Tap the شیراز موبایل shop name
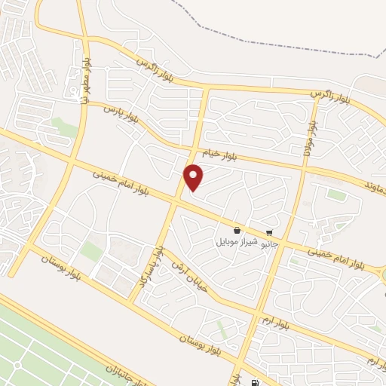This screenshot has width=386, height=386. (x=237, y=242)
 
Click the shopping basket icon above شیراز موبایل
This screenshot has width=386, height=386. (x=237, y=231)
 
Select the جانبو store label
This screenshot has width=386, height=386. (x=269, y=244)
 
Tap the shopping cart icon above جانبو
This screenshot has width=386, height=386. (x=269, y=233)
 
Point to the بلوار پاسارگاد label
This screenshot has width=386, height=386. (x=158, y=264)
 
